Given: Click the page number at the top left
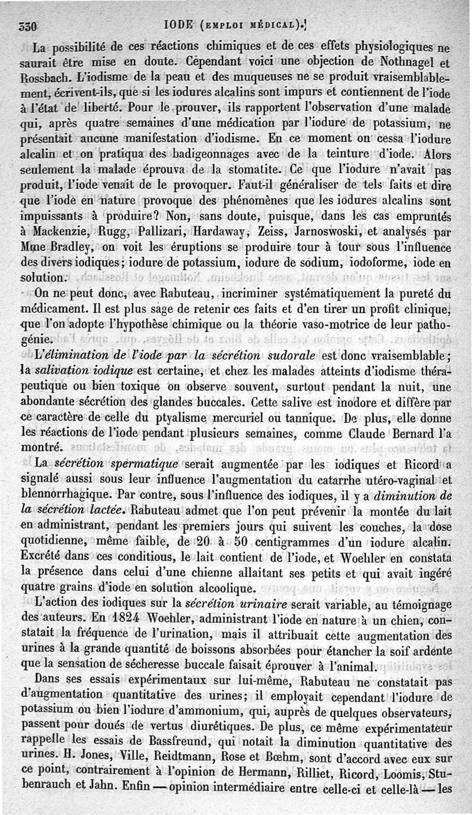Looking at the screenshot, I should click(x=28, y=27).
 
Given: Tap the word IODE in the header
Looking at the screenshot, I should click(x=183, y=26).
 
